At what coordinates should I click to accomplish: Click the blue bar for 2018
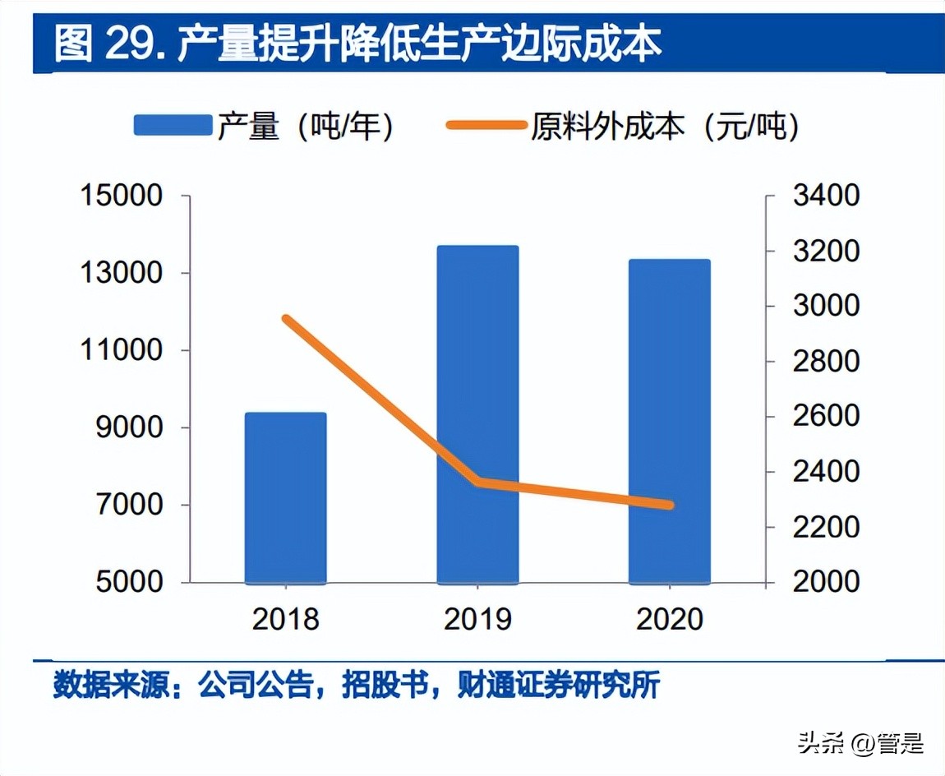click(x=285, y=498)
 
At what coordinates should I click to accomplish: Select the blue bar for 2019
click(x=477, y=414)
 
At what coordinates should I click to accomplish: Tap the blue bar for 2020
click(x=669, y=421)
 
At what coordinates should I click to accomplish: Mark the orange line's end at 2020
click(x=670, y=505)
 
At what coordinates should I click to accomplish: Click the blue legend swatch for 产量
click(x=173, y=125)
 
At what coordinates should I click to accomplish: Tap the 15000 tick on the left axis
click(x=120, y=196)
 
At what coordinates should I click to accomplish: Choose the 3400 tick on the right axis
click(x=825, y=196)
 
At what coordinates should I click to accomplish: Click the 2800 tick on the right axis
click(x=825, y=362)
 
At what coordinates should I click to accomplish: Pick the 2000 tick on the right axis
click(x=825, y=582)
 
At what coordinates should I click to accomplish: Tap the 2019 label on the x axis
click(x=477, y=619)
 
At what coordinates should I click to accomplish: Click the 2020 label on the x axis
click(x=670, y=619)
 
